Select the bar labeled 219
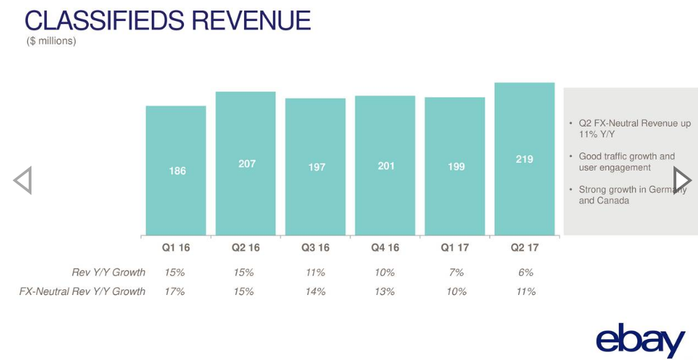coord(524,159)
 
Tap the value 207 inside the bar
coord(246,164)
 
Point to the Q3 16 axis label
coord(315,247)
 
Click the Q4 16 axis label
coord(385,247)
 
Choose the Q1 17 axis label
coord(455,247)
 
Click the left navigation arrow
coord(22,180)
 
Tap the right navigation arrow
coord(681,180)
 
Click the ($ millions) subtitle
coord(51,41)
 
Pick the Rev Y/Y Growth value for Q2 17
coord(526,272)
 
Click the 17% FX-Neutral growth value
coord(174,291)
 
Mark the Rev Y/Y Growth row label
coord(108,272)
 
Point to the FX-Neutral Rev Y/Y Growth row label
coord(83,291)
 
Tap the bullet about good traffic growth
coord(626,162)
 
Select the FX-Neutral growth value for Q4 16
coord(385,291)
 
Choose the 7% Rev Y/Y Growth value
coord(456,272)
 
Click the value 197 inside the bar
coord(316,167)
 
